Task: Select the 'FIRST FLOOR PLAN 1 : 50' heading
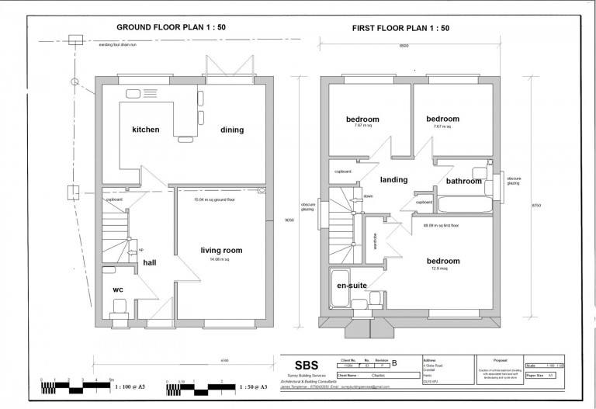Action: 401,28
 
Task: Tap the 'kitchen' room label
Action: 145,130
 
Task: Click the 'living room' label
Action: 222,250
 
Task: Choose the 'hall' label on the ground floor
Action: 149,263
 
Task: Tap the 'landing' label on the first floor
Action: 394,179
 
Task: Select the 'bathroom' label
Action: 463,181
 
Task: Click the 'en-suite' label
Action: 351,286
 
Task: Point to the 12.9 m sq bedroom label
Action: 442,260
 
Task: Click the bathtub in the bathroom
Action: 463,205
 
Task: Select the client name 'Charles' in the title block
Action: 377,374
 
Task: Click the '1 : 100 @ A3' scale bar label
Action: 132,386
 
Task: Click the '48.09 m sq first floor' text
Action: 442,225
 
